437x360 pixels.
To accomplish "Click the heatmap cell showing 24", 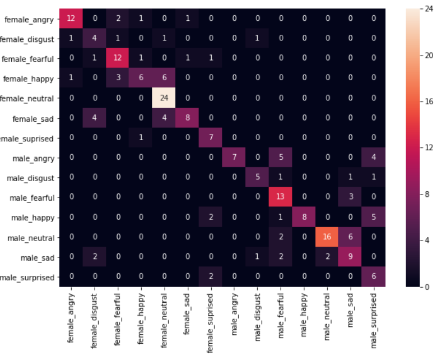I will [164, 98].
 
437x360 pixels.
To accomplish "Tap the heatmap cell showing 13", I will [281, 197].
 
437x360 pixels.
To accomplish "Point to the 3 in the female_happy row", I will [118, 79].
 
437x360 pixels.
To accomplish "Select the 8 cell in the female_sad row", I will [188, 118].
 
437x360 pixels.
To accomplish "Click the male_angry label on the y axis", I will [34, 158].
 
